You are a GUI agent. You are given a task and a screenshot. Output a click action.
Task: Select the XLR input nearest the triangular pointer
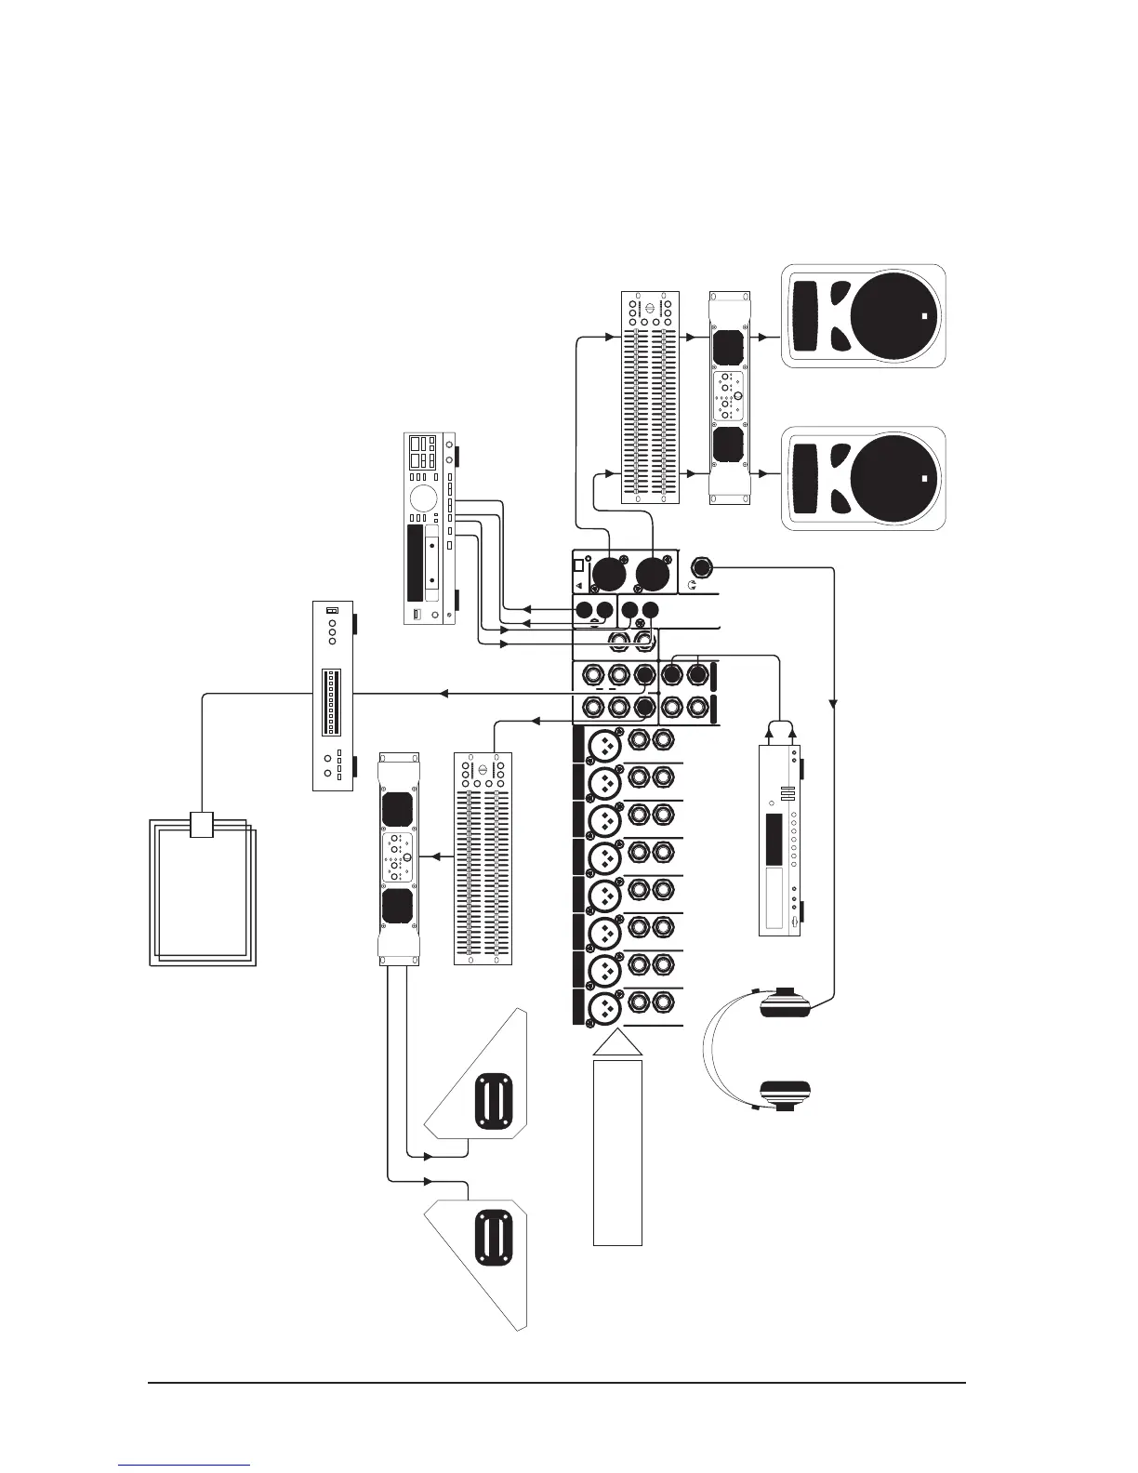[605, 1007]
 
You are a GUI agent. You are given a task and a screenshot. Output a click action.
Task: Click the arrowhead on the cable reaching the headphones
[834, 703]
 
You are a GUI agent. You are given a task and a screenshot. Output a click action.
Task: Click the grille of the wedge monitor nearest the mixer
[493, 1102]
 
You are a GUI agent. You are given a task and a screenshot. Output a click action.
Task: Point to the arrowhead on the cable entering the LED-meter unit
[444, 694]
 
